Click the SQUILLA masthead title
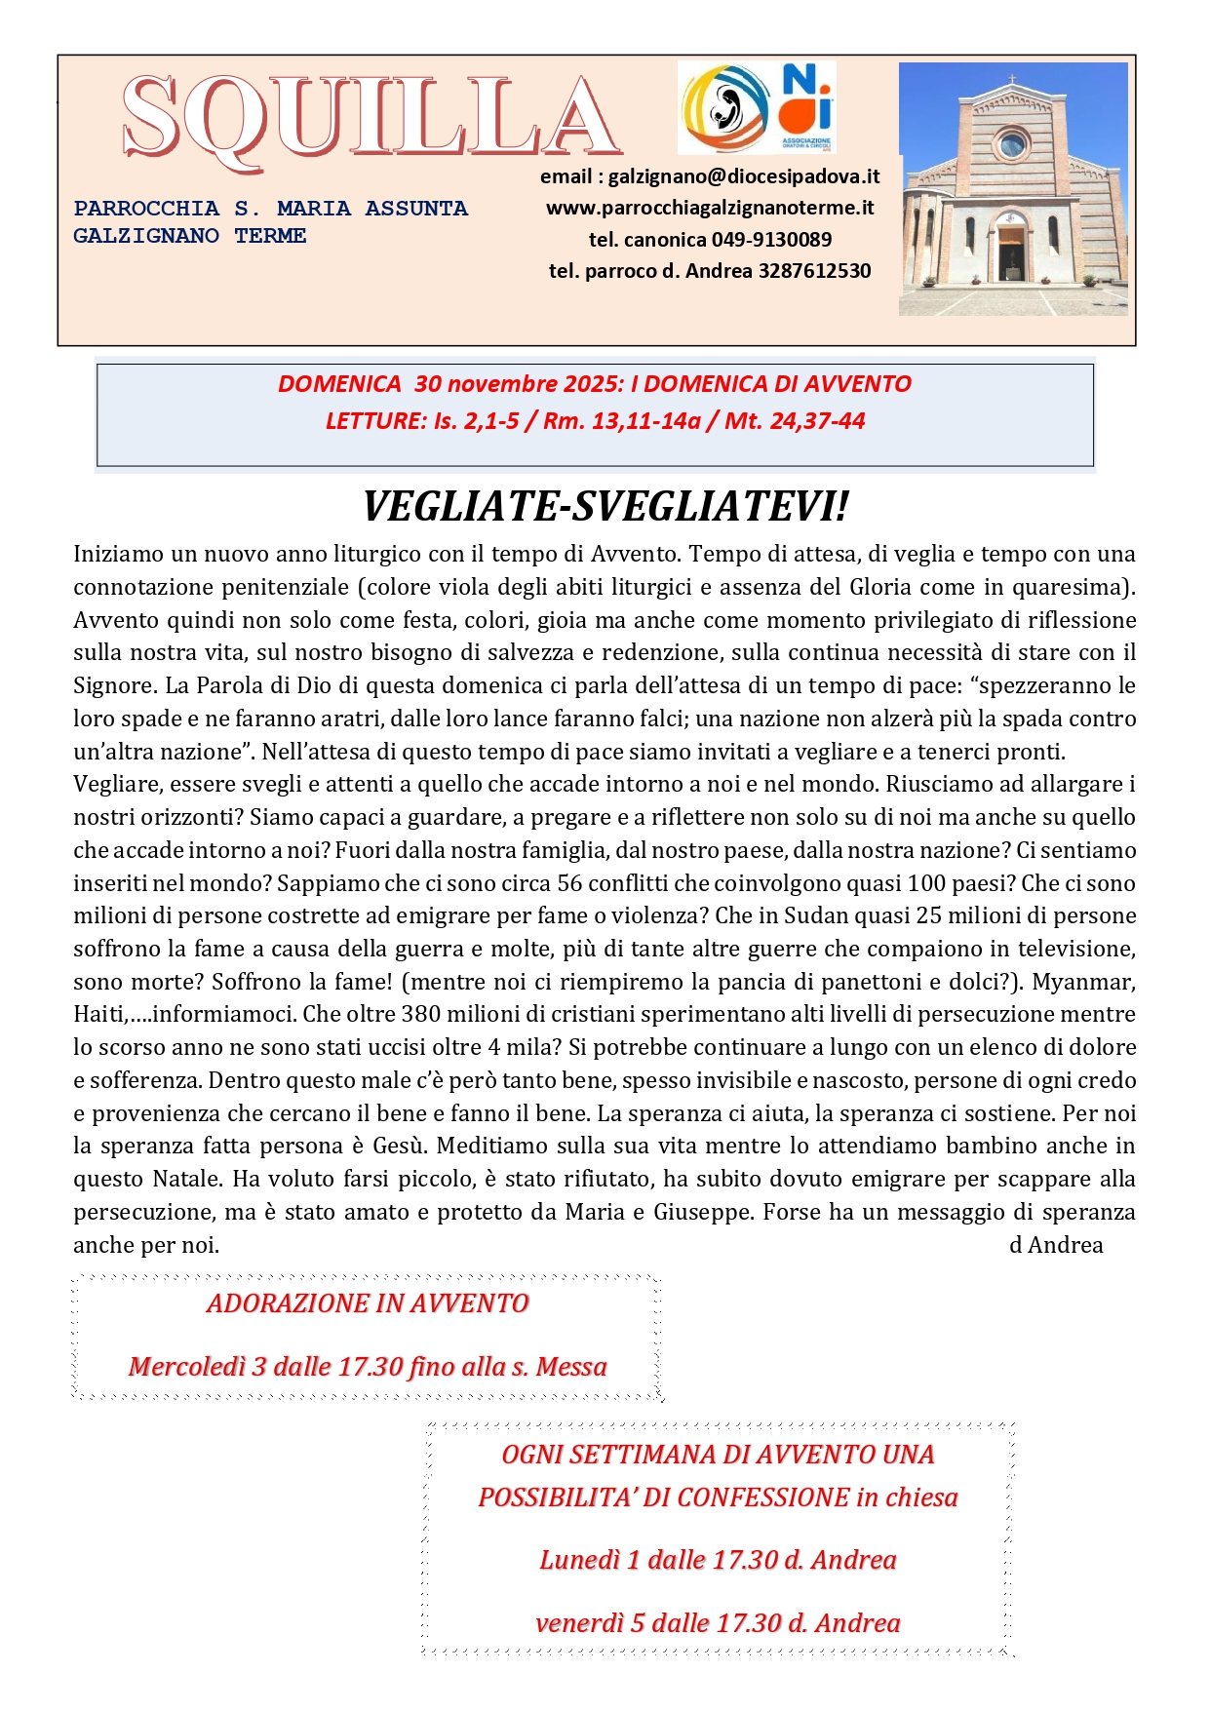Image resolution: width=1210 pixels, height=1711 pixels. pos(371,119)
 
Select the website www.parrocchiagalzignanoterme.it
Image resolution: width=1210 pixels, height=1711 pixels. pos(709,208)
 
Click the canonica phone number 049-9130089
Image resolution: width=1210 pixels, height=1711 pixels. pos(771,240)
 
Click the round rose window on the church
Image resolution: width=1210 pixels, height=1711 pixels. pos(1012,146)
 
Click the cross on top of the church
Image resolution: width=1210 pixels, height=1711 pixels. pos(1012,78)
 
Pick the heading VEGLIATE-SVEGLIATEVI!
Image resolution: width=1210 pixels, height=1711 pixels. pos(605,507)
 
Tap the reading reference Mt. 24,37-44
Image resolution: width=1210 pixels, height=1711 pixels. pos(795,421)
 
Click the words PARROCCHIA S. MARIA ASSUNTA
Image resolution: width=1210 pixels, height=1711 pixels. pos(270,209)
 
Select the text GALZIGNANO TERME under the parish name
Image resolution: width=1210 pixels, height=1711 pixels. pos(190,236)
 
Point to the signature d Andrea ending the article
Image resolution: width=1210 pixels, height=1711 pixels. pos(1056,1245)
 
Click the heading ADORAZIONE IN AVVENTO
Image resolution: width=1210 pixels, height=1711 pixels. pos(368,1303)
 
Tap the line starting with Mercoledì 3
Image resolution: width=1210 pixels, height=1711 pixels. pos(368,1367)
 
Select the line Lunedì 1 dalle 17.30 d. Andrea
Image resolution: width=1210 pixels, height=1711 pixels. pos(718,1560)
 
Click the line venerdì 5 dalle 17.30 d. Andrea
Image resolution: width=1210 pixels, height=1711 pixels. pos(718,1623)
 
